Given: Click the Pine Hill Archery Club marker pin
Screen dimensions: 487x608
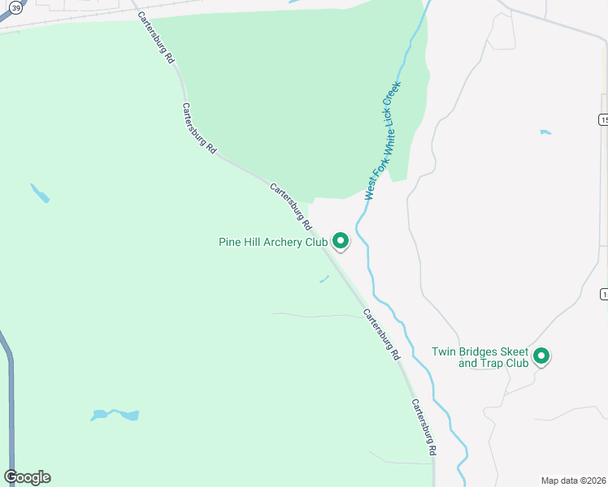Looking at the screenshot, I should point(341,241).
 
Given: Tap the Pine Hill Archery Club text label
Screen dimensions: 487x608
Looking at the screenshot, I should point(273,242).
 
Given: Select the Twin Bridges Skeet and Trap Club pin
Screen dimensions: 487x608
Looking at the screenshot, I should point(541,356).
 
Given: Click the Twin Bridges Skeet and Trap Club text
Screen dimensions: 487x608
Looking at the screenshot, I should point(480,357).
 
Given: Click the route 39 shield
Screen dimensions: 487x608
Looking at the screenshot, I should point(15,7).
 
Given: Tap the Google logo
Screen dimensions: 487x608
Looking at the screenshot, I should point(27,477).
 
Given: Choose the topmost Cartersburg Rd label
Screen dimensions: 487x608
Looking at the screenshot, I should point(155,38).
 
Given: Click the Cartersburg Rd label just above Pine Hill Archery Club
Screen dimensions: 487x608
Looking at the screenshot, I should point(291,206).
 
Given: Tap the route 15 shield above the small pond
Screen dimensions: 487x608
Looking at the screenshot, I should point(603,119).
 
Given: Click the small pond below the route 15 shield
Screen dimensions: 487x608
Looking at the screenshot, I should point(545,131).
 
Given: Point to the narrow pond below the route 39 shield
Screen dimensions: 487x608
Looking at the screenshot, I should point(39,193).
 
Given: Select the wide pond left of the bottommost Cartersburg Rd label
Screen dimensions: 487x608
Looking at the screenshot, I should point(115,415).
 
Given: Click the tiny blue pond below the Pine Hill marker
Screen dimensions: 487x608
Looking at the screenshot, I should point(324,279).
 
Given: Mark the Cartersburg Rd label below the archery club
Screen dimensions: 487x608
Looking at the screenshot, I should point(381,334).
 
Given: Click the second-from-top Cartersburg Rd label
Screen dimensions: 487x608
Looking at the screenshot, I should point(199,128).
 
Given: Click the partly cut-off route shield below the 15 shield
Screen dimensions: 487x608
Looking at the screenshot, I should point(604,293).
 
